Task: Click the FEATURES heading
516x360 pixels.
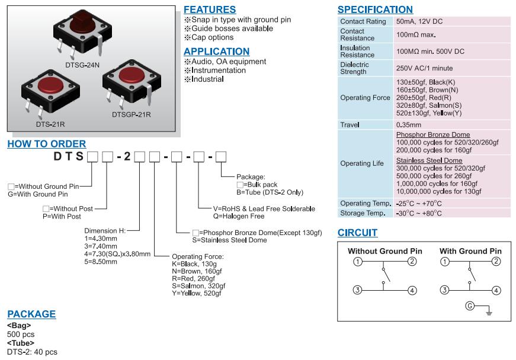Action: pyautogui.click(x=210, y=9)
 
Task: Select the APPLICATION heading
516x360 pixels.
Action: pyautogui.click(x=216, y=52)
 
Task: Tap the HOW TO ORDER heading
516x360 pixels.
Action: pyautogui.click(x=47, y=144)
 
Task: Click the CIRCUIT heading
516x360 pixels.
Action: pyautogui.click(x=357, y=233)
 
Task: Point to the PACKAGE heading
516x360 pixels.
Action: pyautogui.click(x=31, y=314)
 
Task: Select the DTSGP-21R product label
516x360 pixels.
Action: pyautogui.click(x=131, y=114)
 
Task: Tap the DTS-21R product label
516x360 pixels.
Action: pyautogui.click(x=50, y=124)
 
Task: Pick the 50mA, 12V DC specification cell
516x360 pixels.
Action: pyautogui.click(x=419, y=21)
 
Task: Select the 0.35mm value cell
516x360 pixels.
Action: pyautogui.click(x=409, y=125)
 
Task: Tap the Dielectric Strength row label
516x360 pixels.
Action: pyautogui.click(x=354, y=68)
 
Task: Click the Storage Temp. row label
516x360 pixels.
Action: pyautogui.click(x=363, y=213)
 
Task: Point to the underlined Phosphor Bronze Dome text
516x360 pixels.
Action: pyautogui.click(x=432, y=135)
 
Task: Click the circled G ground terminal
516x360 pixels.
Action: pyautogui.click(x=470, y=306)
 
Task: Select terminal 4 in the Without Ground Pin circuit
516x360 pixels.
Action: pyautogui.click(x=413, y=290)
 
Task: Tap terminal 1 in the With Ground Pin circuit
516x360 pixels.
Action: pyautogui.click(x=444, y=262)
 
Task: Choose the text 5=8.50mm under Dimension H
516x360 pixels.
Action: pyautogui.click(x=101, y=261)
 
